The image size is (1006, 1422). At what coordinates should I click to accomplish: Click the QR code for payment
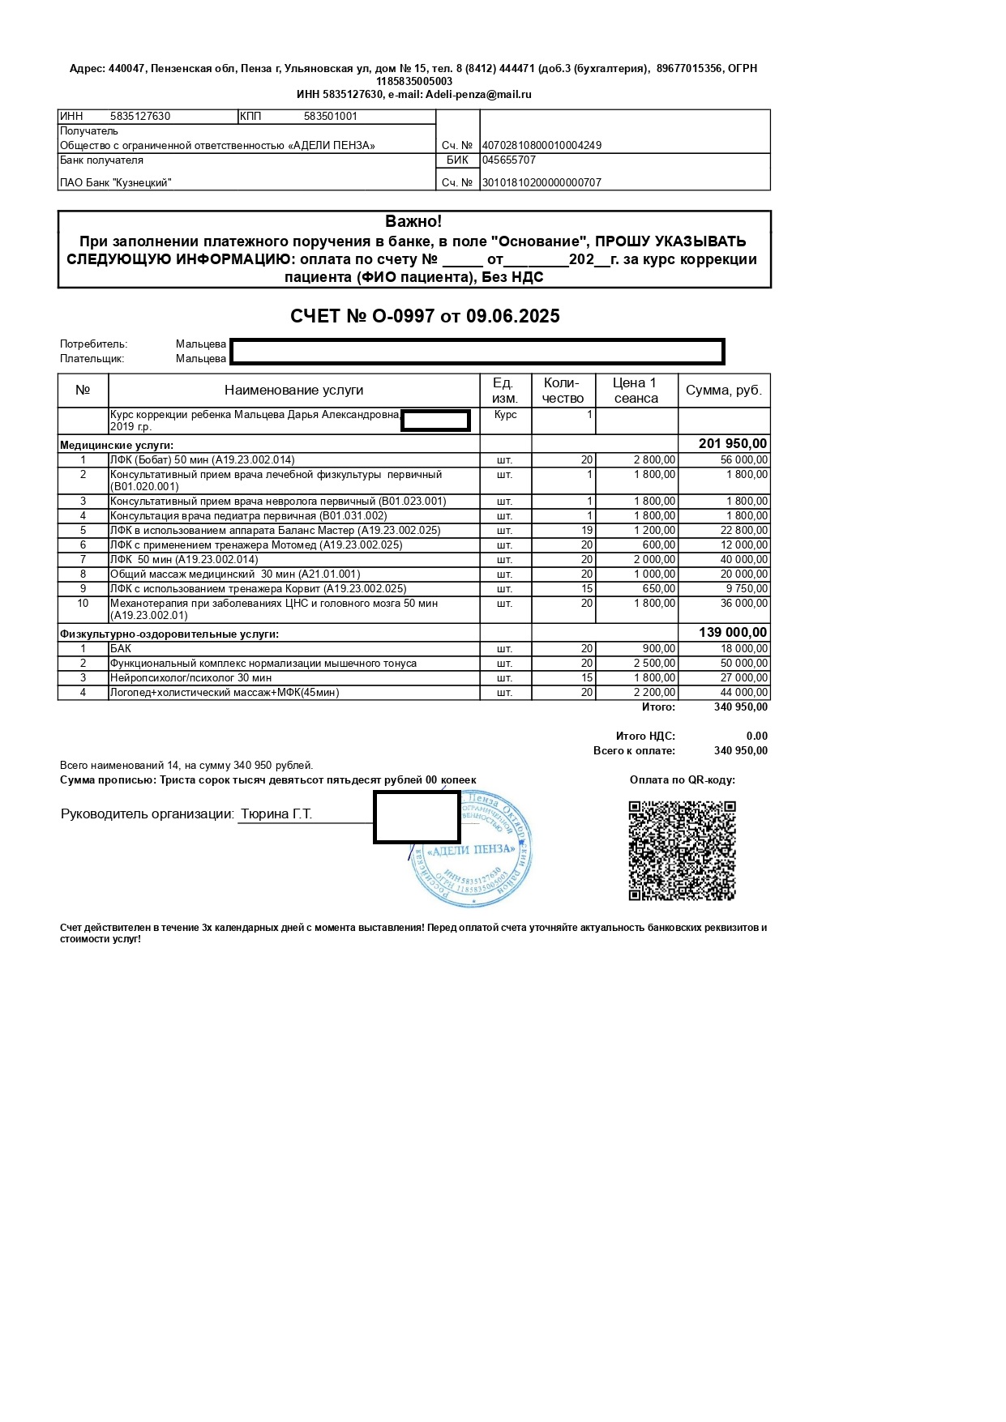pos(682,850)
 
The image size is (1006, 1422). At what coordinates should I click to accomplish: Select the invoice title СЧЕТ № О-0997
pos(425,316)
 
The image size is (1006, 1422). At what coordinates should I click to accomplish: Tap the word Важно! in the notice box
pos(413,221)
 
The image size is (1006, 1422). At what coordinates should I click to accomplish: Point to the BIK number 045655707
pos(509,160)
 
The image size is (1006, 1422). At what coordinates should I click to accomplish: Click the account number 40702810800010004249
pos(542,146)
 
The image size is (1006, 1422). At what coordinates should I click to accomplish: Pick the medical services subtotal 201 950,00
pos(732,444)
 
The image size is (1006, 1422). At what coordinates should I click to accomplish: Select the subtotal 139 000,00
pos(732,633)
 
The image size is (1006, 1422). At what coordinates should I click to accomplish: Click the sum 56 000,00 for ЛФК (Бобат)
pos(743,460)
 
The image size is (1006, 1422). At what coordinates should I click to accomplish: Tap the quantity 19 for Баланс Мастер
pos(587,531)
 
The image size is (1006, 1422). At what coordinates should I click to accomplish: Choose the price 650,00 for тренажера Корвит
pos(658,589)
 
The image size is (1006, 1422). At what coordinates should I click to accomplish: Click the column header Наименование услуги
pos(293,391)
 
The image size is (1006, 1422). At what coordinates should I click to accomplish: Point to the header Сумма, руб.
pos(723,391)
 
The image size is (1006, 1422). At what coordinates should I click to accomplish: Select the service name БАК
pos(121,649)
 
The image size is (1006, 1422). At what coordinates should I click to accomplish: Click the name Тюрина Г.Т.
pos(276,814)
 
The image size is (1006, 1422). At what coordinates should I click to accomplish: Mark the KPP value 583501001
pos(330,117)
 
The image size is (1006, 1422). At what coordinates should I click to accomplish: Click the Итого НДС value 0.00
pos(756,737)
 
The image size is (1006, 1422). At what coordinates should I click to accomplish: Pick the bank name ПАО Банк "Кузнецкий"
pos(116,183)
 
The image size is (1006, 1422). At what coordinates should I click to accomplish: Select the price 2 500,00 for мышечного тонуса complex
pos(654,664)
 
